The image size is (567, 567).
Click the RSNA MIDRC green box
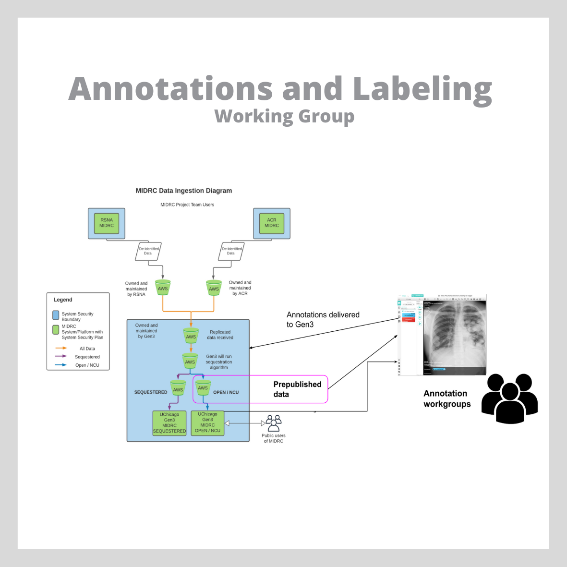click(x=107, y=223)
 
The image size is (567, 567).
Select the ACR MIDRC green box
click(x=271, y=223)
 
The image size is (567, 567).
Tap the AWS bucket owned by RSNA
click(x=163, y=288)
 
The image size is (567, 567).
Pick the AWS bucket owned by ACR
click(x=214, y=288)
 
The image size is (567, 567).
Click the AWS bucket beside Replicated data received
click(x=191, y=336)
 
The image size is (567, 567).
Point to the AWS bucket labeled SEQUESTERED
click(x=178, y=388)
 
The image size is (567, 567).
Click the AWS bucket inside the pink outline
click(x=203, y=387)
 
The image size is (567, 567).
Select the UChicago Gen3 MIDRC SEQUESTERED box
click(x=169, y=423)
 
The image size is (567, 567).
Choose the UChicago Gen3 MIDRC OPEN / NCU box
click(x=207, y=422)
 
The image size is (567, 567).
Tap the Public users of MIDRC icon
click(x=273, y=423)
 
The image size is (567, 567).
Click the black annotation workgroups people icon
click(x=509, y=398)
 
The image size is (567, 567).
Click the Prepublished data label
click(x=297, y=389)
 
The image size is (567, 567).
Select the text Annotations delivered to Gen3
click(x=323, y=320)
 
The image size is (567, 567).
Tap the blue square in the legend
click(x=56, y=315)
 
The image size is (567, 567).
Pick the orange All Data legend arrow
click(x=61, y=348)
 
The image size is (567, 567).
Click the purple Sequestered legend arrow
click(x=61, y=356)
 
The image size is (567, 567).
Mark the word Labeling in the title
click(x=422, y=90)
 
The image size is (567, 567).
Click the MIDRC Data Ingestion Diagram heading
click(x=184, y=191)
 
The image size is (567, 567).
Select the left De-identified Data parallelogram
click(x=148, y=252)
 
